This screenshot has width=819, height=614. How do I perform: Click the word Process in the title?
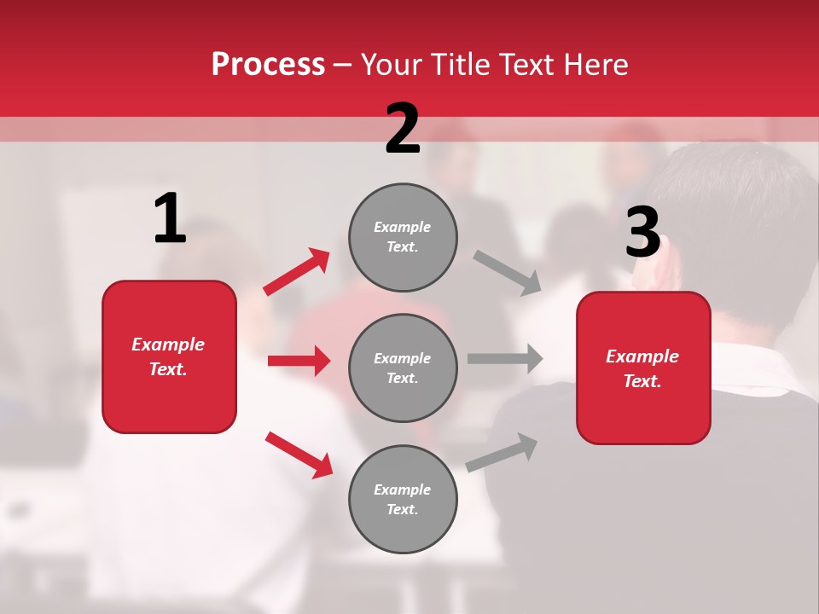pos(268,64)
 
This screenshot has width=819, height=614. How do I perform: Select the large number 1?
pos(170,219)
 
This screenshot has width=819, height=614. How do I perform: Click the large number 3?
pos(642,232)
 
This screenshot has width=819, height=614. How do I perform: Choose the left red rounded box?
pos(169,356)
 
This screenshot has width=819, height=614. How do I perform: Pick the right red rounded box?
pos(643,368)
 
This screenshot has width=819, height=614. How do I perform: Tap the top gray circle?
pos(403,237)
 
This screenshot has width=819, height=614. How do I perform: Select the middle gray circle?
pos(403,368)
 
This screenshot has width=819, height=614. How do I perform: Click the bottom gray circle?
pos(403,499)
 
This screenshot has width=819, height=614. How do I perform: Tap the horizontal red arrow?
pos(299,361)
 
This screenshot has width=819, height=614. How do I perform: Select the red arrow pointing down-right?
pos(299,455)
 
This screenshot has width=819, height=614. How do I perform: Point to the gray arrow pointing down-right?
pos(507,272)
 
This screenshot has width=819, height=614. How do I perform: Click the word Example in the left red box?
pos(168,345)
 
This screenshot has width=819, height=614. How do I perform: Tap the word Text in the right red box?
pos(641,381)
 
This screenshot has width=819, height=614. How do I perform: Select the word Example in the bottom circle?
pos(402,489)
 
